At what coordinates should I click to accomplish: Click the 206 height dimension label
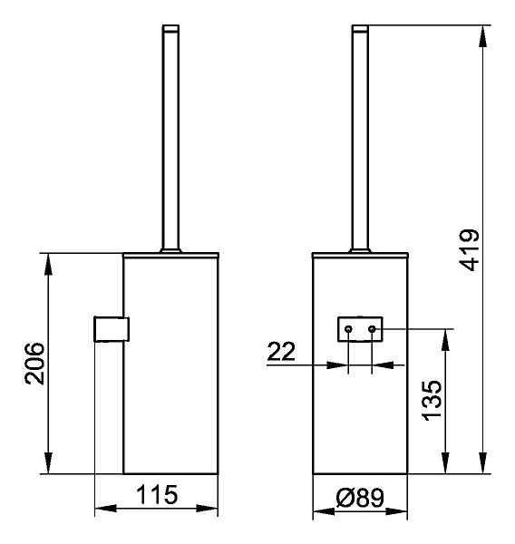pos(35,364)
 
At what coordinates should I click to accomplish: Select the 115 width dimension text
pos(157,495)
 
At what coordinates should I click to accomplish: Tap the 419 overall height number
pos(469,250)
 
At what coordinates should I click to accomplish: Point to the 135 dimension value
pos(432,401)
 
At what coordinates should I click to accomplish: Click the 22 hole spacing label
pos(281,351)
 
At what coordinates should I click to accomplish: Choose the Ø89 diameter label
pos(360,498)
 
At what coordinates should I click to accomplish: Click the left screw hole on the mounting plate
pos(348,329)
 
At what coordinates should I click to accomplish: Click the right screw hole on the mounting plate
pos(372,328)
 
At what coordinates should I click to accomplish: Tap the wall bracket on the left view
pos(112,329)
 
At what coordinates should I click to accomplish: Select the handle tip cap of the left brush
pos(170,28)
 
